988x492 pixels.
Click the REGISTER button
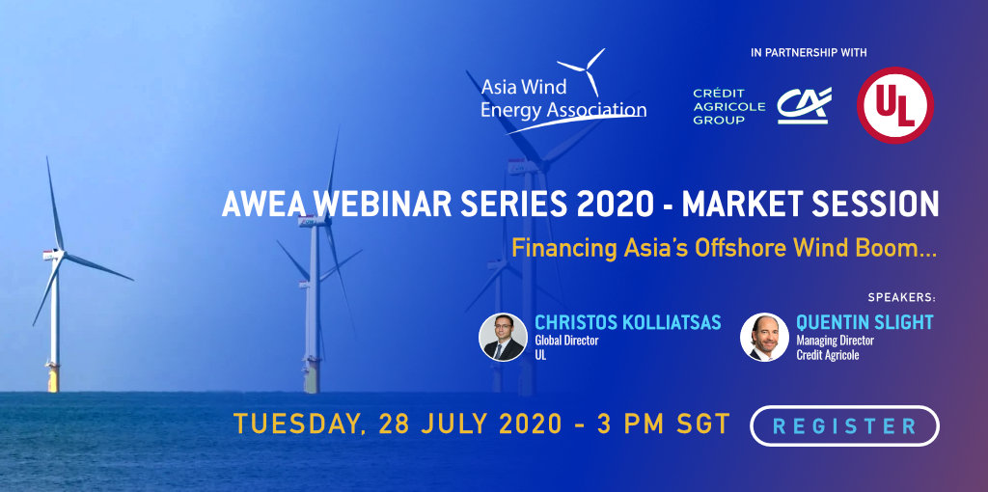pos(844,425)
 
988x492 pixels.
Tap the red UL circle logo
pos(894,105)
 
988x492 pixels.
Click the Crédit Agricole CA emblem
pos(804,104)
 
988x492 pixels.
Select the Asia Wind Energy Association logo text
pos(563,98)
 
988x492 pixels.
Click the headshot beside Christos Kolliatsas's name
pos(503,337)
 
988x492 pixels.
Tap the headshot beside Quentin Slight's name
pos(764,337)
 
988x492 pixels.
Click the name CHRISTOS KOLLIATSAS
pos(627,322)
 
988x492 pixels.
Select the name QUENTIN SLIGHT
pos(864,322)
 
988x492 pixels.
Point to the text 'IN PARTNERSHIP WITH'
pos(809,53)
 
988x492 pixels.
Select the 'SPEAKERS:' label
pos(902,297)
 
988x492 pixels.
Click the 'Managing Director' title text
pos(835,341)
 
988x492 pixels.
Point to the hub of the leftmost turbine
pos(58,254)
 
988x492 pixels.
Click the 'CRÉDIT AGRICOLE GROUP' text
pos(729,106)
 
